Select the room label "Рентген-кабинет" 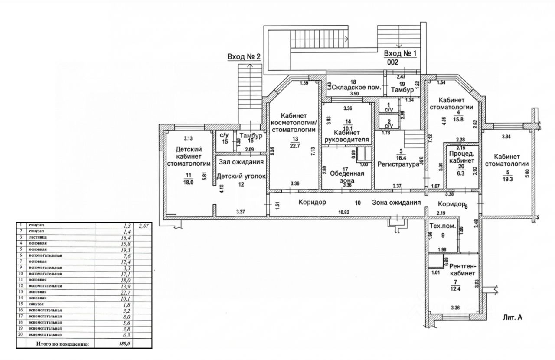point(463,270)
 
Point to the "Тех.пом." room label point(442,226)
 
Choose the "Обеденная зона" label point(347,177)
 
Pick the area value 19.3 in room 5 point(506,179)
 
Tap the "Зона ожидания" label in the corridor point(396,203)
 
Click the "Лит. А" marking point(513,317)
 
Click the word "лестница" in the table point(38,238)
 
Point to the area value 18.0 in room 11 point(188,183)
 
